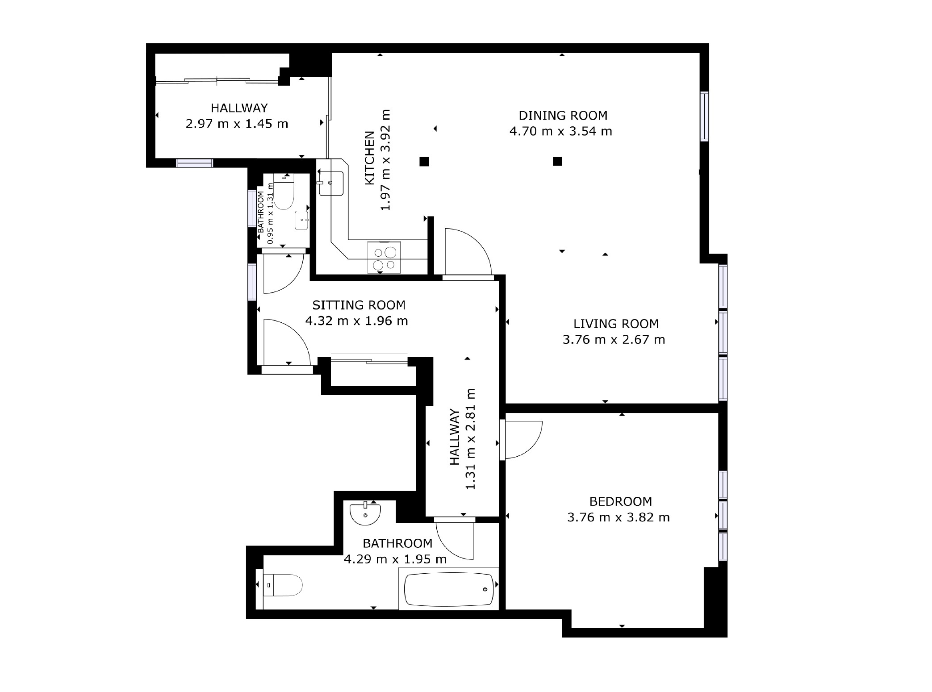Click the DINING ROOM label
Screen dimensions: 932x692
563,116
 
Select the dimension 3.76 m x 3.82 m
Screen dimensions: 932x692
619,517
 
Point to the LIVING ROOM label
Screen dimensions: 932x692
616,324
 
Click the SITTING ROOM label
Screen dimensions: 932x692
359,305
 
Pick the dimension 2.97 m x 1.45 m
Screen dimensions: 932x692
237,124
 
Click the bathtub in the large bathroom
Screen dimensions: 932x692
449,589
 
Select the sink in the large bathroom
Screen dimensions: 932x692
366,513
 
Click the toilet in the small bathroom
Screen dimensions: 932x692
284,195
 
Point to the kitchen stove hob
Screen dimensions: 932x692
384,257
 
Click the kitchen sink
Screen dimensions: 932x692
331,183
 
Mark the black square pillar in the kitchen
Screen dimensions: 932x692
424,162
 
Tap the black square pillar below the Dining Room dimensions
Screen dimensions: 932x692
557,161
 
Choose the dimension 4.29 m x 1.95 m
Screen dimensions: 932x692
395,559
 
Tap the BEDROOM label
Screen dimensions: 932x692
620,501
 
